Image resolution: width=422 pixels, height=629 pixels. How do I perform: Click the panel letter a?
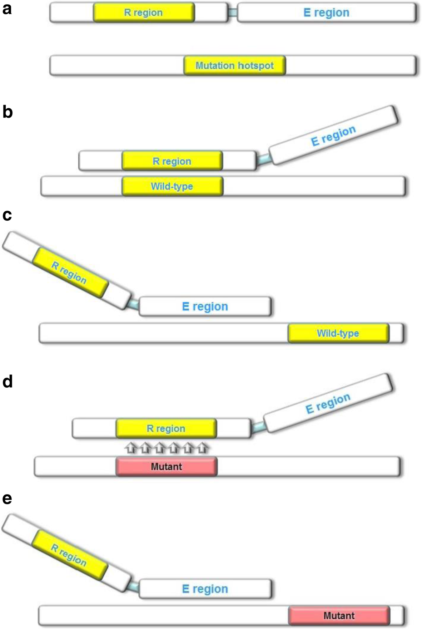point(7,9)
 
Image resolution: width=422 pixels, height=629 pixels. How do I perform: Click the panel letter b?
point(7,112)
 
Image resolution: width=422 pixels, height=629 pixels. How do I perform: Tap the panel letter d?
point(7,382)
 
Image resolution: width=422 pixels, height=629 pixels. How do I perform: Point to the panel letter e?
point(7,498)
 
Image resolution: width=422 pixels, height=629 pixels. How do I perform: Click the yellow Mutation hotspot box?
point(234,65)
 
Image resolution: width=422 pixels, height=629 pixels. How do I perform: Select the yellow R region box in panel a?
point(144,13)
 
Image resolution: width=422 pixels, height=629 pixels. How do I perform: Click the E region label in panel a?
point(326,13)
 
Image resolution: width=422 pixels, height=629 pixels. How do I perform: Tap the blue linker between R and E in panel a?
point(233,13)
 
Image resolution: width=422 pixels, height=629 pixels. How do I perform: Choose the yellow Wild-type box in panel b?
point(172,186)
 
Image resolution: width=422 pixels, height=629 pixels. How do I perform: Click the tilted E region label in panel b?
point(333,136)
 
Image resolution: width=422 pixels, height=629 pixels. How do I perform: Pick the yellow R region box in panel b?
point(172,161)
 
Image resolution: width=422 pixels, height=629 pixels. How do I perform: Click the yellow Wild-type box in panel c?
point(338,333)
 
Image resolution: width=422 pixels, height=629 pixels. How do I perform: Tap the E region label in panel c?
point(205,306)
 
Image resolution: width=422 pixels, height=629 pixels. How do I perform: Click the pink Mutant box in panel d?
point(167,466)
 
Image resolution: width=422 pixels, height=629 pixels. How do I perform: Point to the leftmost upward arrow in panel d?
point(131,448)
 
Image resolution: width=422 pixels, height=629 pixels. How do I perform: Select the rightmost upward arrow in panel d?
point(203,448)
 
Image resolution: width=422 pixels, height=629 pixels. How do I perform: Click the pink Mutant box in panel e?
point(339,615)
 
